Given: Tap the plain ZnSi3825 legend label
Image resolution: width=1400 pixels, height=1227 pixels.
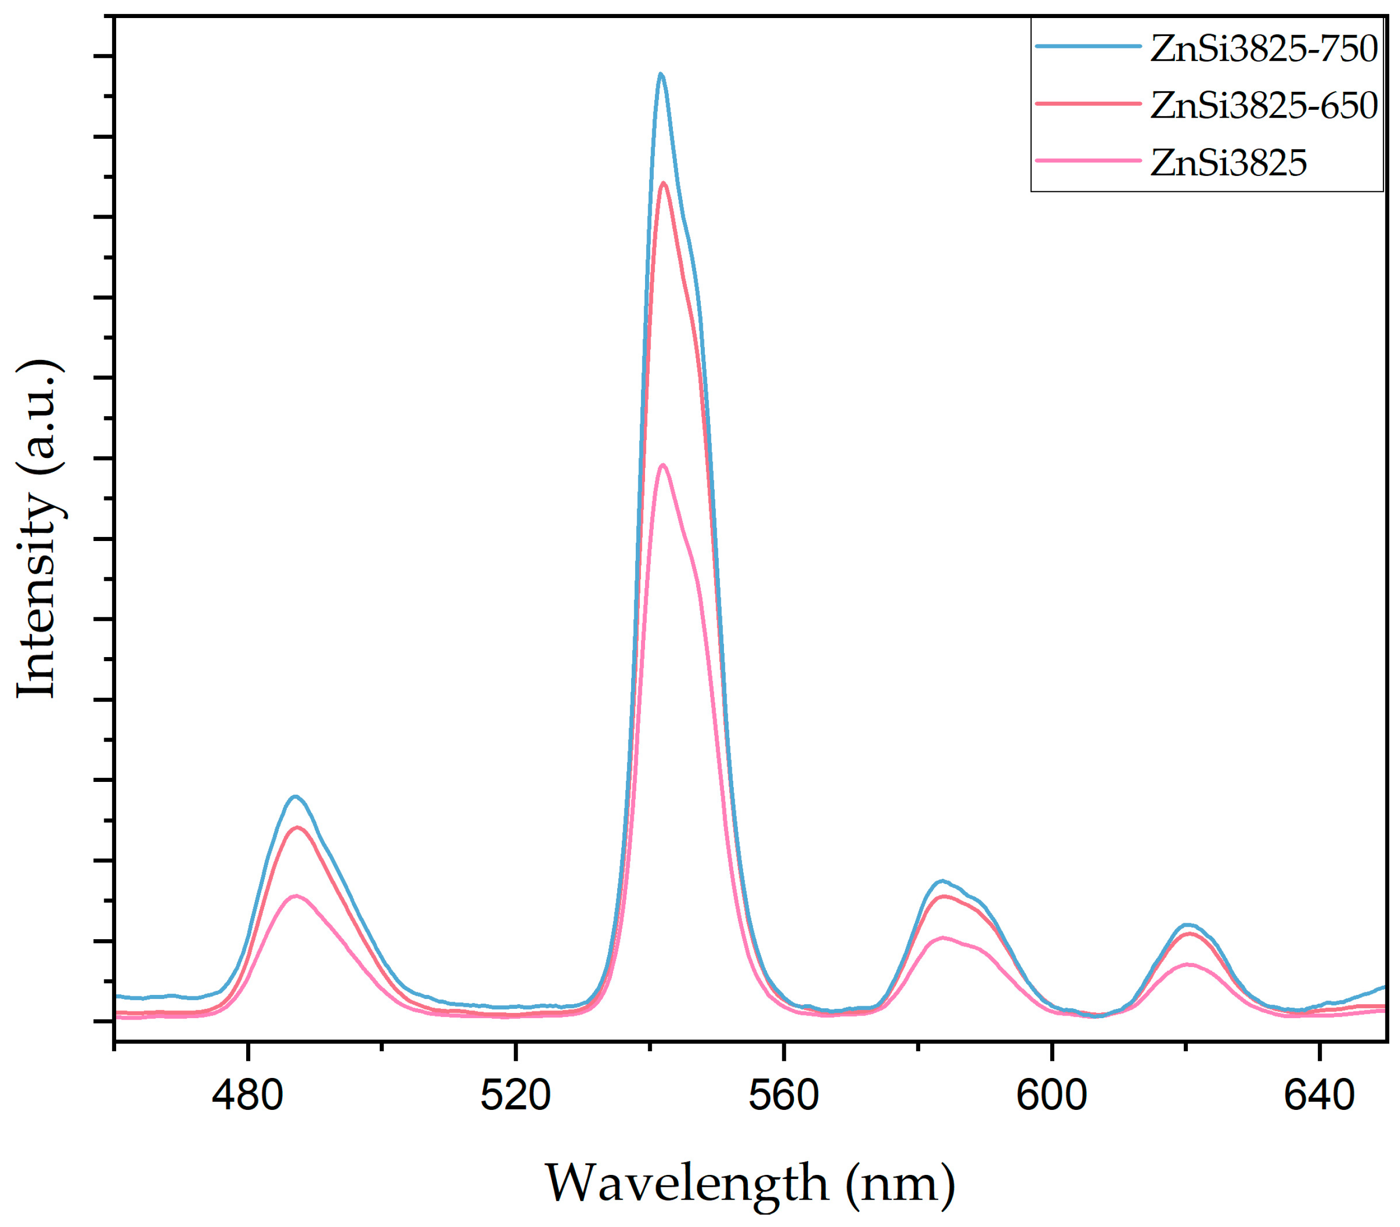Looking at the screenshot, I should [1228, 163].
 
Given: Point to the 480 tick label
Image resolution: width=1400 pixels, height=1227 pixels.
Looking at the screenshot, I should [247, 1095].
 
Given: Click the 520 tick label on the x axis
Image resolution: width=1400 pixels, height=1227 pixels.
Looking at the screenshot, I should [515, 1095].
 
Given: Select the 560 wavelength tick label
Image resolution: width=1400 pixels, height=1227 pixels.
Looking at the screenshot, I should [783, 1095].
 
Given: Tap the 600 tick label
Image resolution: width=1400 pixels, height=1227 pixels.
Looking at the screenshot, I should [1051, 1095].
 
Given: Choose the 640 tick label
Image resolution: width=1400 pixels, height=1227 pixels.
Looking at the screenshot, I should [1319, 1095].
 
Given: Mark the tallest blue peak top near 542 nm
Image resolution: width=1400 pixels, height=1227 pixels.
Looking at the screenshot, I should [661, 74].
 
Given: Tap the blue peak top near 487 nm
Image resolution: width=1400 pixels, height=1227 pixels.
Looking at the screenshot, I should [296, 796].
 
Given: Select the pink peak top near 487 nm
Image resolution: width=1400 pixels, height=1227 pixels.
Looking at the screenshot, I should [296, 895].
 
